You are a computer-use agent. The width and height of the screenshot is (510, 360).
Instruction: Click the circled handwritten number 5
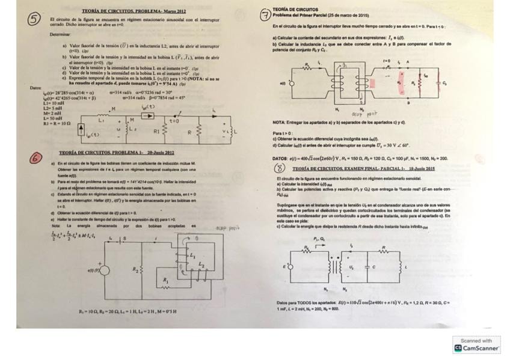point(34,19)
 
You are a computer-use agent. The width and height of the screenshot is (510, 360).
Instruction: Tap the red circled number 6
point(37,157)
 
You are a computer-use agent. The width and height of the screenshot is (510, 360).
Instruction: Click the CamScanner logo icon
point(458,348)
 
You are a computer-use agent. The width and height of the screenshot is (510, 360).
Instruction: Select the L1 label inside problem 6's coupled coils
point(192,255)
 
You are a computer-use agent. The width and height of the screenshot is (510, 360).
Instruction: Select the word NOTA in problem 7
point(278,122)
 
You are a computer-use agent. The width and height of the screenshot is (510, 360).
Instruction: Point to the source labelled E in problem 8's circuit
point(287,265)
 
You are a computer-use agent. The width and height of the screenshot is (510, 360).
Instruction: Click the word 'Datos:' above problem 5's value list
point(36,88)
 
